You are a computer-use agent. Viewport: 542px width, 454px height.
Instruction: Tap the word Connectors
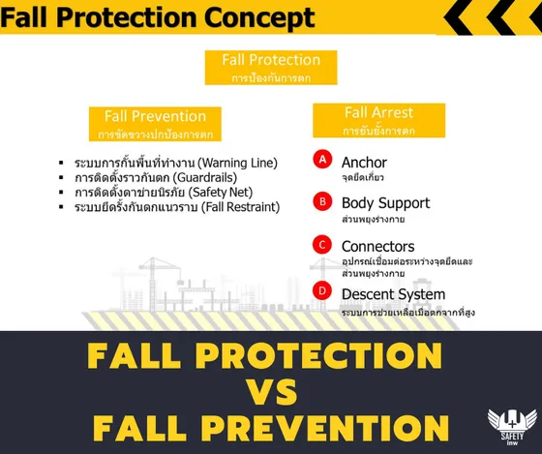[x=377, y=246]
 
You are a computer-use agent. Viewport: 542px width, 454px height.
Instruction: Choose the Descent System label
[x=393, y=293]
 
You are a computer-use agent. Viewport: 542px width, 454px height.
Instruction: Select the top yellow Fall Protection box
[x=271, y=67]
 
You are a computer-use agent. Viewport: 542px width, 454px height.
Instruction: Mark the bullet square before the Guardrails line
[x=61, y=177]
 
